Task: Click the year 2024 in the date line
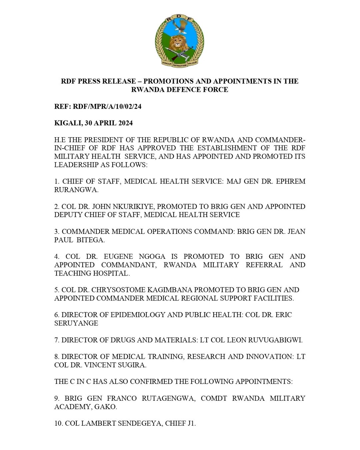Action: (x=123, y=123)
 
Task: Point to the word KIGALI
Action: (x=68, y=123)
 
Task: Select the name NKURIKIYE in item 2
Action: (x=122, y=207)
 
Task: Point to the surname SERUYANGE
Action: (x=76, y=323)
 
